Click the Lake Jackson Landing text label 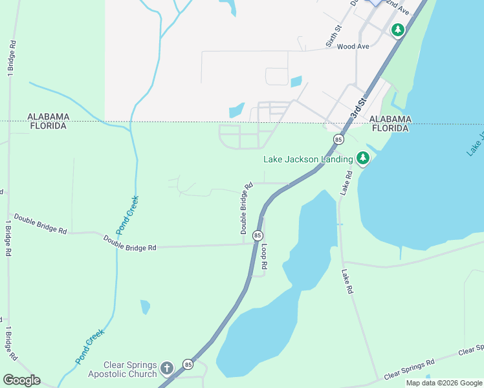pos(307,159)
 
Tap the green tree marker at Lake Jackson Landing pos(363,158)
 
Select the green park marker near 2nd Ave pos(398,30)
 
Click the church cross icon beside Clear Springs pos(167,369)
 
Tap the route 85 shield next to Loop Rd pos(258,236)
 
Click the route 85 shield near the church pos(188,365)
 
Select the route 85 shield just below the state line pos(338,140)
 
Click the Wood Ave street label pos(353,47)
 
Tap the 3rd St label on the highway pos(358,107)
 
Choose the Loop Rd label pos(264,257)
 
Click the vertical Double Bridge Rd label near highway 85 pos(246,208)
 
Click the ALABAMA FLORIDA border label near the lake pos(390,124)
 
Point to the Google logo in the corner pos(21,380)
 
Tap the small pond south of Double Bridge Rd pos(145,306)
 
